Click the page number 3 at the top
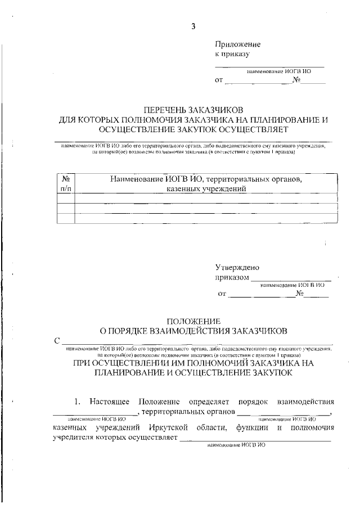194,25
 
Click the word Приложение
238,44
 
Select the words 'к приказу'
232,55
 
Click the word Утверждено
237,268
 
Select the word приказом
232,278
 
